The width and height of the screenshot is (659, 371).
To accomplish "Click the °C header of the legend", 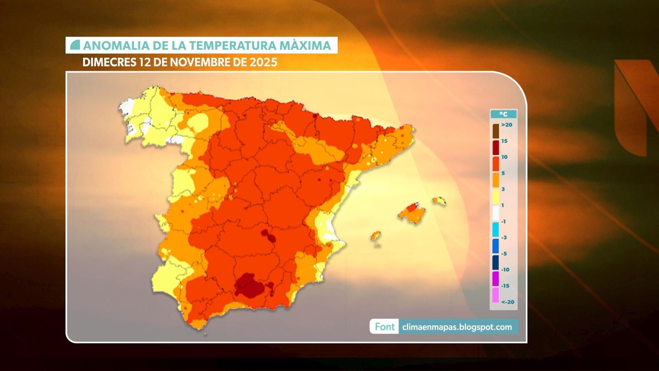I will [503, 114].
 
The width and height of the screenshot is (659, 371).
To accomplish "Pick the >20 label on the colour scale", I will [507, 125].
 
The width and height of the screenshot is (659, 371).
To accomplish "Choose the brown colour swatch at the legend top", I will [495, 131].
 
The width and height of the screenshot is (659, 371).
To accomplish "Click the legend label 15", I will [504, 141].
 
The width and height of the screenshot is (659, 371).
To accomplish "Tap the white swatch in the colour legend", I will [495, 213].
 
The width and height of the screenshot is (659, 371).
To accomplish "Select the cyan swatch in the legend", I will [495, 229].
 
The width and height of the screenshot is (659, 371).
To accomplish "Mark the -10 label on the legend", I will [505, 270].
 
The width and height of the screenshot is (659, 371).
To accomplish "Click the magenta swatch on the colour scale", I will [495, 279].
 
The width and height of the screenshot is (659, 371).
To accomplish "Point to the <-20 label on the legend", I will [507, 302].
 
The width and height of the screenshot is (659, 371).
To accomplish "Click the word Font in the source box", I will [384, 327].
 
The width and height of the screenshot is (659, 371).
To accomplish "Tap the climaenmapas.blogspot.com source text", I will [457, 327].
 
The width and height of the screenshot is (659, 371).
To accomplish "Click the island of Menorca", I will [439, 201].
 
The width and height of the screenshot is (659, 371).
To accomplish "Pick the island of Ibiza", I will [375, 236].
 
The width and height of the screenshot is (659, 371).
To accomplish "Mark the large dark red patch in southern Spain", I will [250, 285].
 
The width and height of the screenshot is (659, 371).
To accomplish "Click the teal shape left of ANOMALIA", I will [75, 45].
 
